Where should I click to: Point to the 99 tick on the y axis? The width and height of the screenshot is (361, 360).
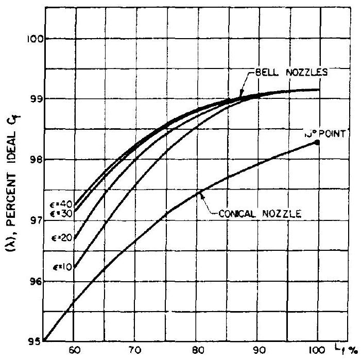tap(37, 99)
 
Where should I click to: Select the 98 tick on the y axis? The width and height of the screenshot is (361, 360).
tap(37, 160)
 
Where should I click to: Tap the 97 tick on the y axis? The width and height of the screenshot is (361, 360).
tap(37, 220)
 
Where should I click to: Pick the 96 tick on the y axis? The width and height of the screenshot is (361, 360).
tap(37, 281)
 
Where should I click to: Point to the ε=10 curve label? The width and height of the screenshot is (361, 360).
tap(62, 267)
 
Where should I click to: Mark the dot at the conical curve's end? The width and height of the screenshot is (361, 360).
tap(317, 142)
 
